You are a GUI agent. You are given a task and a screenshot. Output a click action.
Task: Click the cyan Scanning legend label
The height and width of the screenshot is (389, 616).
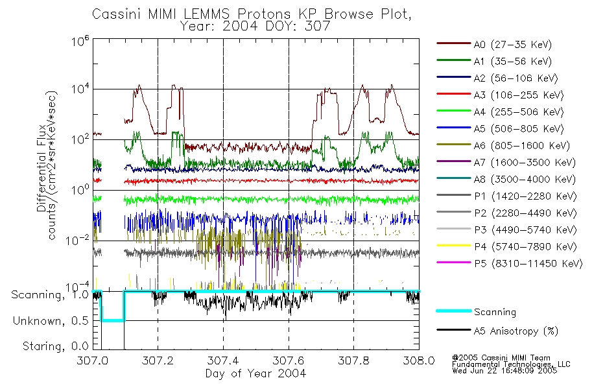[x=495, y=312]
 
